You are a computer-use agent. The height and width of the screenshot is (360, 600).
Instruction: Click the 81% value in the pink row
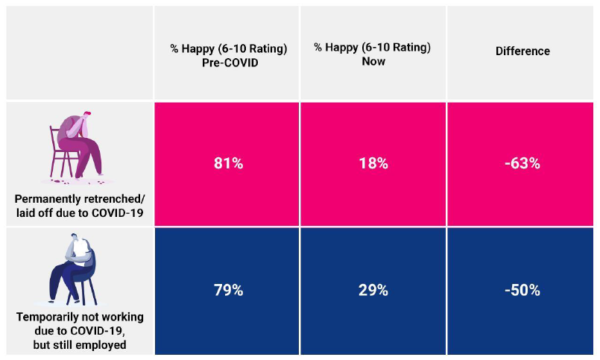pos(227,163)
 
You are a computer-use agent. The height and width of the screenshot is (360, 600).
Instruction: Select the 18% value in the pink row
pos(373,163)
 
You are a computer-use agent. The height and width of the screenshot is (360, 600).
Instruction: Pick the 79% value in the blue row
pos(227,290)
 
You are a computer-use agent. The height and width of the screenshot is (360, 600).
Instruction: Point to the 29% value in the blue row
pos(373,290)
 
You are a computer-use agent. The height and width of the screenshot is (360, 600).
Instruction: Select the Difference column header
pos(522,51)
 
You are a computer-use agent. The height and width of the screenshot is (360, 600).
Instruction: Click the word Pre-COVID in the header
pos(227,62)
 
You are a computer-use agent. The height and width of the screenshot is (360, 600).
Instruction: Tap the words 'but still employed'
pos(80,345)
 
